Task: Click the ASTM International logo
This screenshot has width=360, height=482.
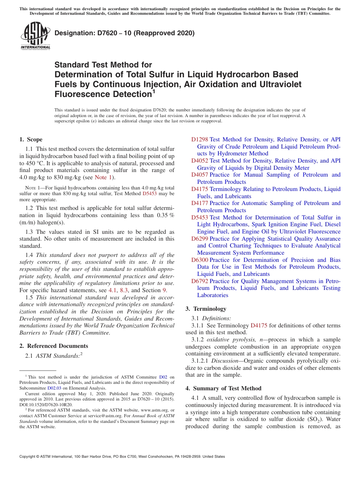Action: [x=35, y=36]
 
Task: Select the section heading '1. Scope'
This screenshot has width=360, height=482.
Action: [x=31, y=139]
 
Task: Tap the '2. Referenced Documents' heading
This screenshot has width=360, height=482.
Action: [x=54, y=346]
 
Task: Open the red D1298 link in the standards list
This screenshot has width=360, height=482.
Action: [x=199, y=139]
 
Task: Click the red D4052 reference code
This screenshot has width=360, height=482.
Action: [x=199, y=161]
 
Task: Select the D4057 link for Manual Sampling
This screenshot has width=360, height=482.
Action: [x=199, y=175]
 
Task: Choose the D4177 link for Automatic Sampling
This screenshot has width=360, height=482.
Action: [x=199, y=203]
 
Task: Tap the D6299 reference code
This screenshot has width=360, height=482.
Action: [x=199, y=239]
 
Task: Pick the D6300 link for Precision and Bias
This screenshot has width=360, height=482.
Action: [x=199, y=260]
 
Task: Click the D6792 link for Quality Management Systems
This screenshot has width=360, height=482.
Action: [x=199, y=281]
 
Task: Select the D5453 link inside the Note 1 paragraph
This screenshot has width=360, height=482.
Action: [x=149, y=193]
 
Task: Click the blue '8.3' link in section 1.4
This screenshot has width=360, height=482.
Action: [x=124, y=290]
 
